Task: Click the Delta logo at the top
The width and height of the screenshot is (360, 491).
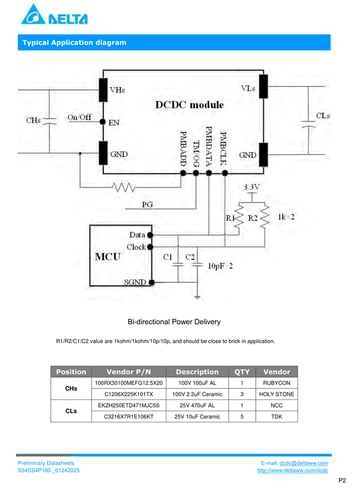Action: pyautogui.click(x=54, y=14)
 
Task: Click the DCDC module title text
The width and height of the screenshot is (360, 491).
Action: pyautogui.click(x=190, y=105)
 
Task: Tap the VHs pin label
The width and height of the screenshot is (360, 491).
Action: pyautogui.click(x=117, y=90)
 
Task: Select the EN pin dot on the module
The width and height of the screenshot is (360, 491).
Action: pyautogui.click(x=103, y=122)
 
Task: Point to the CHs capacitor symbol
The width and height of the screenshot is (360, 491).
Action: pyautogui.click(x=49, y=121)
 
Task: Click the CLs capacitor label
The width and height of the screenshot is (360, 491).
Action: pyautogui.click(x=323, y=116)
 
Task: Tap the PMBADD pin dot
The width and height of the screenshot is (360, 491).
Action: pyautogui.click(x=183, y=173)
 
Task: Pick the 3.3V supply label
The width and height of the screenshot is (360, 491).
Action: pyautogui.click(x=252, y=187)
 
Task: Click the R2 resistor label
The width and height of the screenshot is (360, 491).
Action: pyautogui.click(x=253, y=218)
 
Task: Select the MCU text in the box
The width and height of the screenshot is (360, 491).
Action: pyautogui.click(x=107, y=257)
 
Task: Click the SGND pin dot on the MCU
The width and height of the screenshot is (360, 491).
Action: pyautogui.click(x=152, y=282)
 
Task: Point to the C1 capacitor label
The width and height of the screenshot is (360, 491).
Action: pyautogui.click(x=168, y=257)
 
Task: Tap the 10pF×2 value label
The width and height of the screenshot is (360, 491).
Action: pyautogui.click(x=220, y=266)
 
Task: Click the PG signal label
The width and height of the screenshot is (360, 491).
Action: pyautogui.click(x=147, y=205)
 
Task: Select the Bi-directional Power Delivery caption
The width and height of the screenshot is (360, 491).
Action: pyautogui.click(x=174, y=321)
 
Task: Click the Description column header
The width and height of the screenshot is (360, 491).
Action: pyautogui.click(x=197, y=372)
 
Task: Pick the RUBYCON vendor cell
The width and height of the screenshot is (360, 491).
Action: pyautogui.click(x=276, y=383)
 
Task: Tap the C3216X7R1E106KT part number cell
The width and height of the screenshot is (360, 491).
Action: pyautogui.click(x=129, y=417)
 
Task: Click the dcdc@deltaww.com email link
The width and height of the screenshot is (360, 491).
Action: pyautogui.click(x=303, y=463)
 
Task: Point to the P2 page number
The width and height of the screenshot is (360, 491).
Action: pyautogui.click(x=342, y=480)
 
